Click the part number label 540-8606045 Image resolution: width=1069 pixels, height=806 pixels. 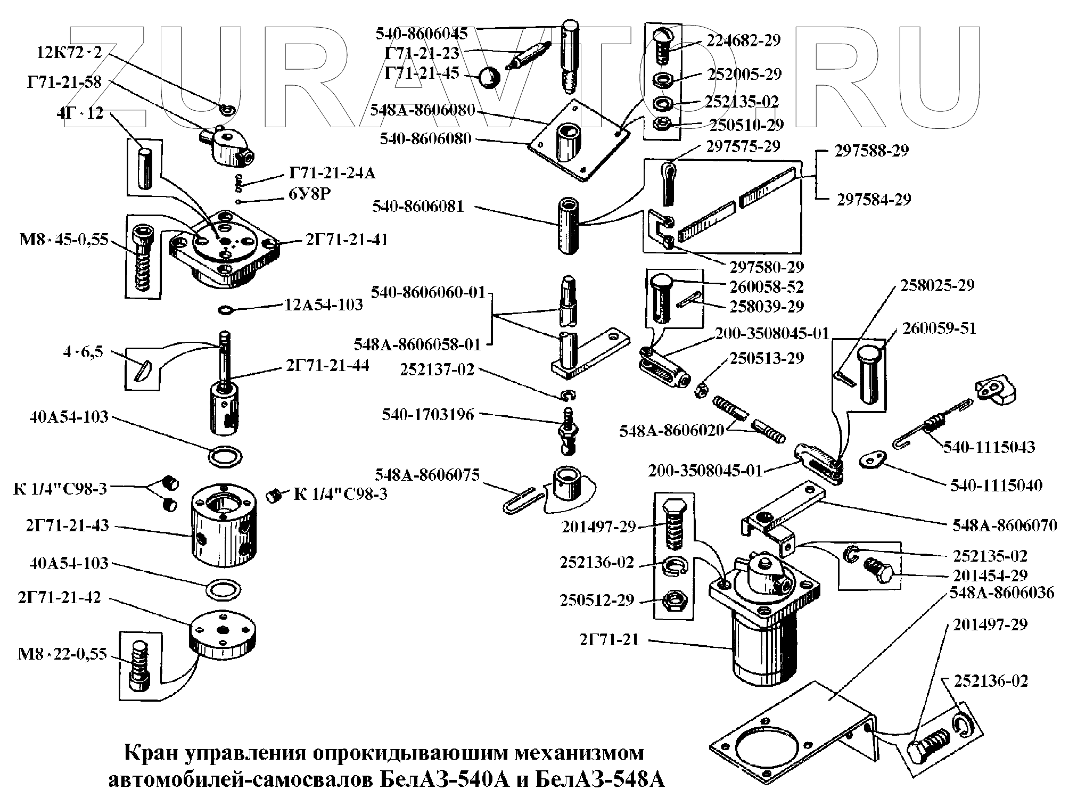[x=422, y=34]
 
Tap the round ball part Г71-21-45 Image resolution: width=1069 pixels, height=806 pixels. [x=488, y=78]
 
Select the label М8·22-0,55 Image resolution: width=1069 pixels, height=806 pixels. [x=63, y=653]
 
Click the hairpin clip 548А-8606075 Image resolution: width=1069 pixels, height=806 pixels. [x=523, y=501]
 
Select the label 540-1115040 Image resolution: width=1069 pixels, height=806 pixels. [x=996, y=485]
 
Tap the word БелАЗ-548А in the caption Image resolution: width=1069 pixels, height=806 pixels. [x=599, y=780]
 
